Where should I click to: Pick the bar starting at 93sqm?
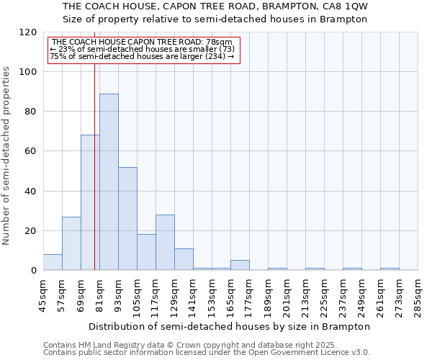[127, 218]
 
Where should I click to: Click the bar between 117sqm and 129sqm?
[165, 242]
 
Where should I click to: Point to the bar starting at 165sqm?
[240, 265]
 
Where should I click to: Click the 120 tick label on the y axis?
[28, 32]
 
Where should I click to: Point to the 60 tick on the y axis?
[31, 151]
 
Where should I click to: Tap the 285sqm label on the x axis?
[418, 296]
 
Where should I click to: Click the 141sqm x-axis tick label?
[193, 296]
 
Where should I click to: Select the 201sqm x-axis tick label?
[287, 296]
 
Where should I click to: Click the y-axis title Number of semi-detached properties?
[6, 151]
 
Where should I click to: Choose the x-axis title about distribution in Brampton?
[230, 326]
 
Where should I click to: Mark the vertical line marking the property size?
[94, 166]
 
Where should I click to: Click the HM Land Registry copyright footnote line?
[184, 345]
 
